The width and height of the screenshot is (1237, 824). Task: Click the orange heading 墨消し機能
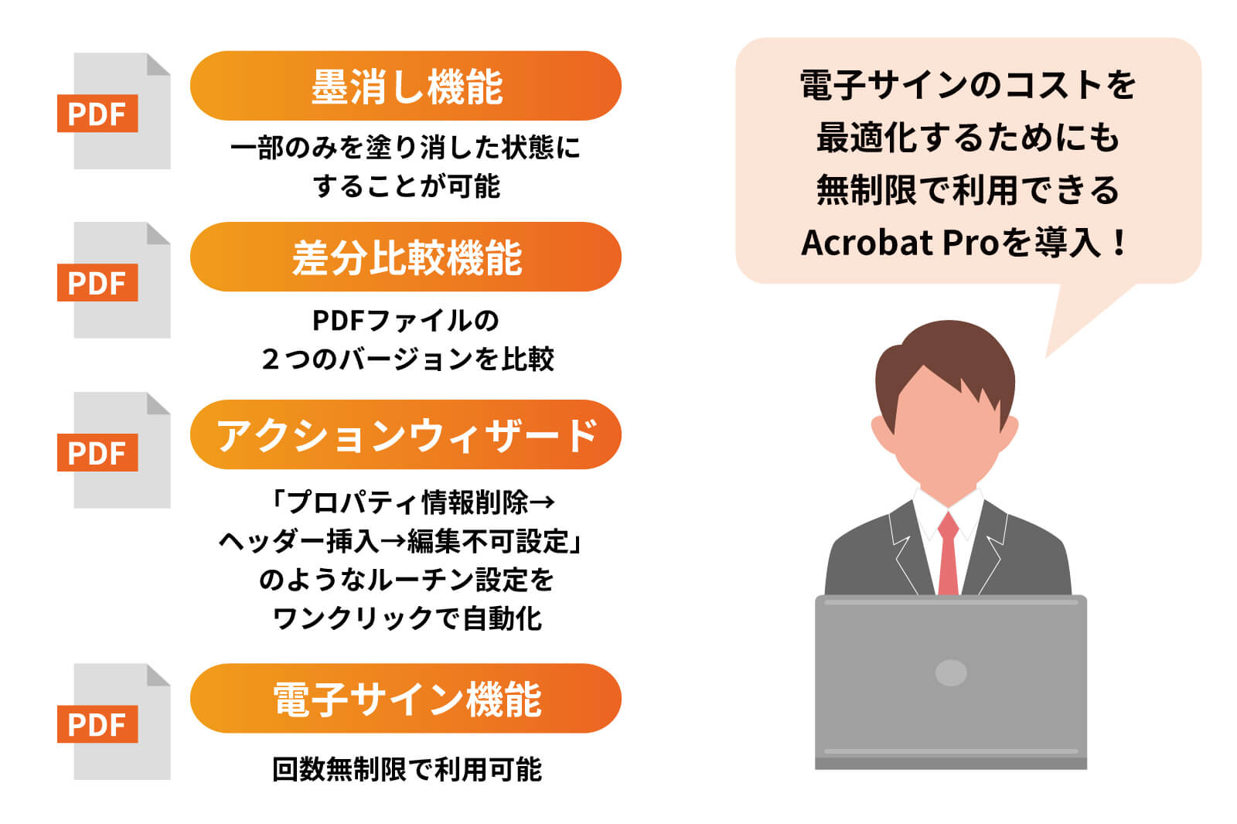click(x=406, y=86)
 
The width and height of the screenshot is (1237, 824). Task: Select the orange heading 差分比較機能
click(x=406, y=257)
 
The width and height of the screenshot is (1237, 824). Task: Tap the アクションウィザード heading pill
click(x=406, y=434)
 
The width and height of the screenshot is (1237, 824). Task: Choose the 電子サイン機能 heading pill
click(x=406, y=699)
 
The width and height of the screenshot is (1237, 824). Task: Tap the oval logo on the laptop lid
click(x=951, y=672)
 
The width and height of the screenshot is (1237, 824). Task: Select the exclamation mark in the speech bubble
click(x=1119, y=243)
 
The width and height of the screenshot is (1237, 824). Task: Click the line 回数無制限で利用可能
click(x=407, y=769)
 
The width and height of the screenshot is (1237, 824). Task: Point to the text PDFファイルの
click(x=406, y=320)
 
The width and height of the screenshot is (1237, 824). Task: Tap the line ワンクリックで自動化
click(x=407, y=618)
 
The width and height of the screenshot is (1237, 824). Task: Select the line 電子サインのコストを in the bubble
click(x=967, y=85)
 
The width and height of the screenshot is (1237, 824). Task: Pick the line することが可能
click(x=406, y=186)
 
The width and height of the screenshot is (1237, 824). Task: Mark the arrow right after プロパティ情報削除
click(x=543, y=502)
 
